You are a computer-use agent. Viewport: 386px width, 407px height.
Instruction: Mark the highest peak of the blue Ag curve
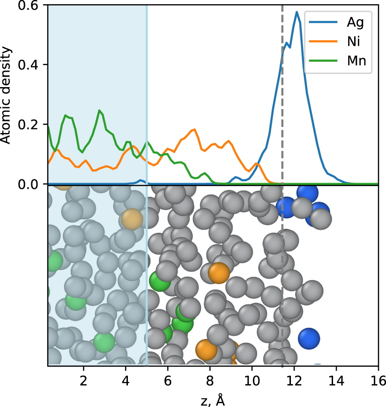click(x=297, y=12)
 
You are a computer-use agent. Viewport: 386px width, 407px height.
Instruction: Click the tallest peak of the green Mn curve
click(x=99, y=111)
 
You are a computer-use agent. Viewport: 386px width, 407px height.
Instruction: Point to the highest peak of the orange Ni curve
click(x=194, y=129)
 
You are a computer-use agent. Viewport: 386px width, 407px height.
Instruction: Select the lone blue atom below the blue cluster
click(x=309, y=337)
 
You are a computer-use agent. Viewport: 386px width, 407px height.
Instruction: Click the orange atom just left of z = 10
click(x=218, y=273)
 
